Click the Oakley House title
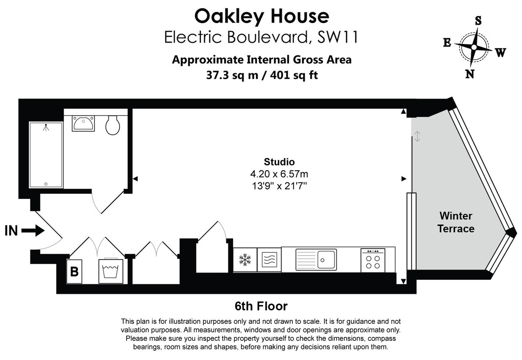[261, 16]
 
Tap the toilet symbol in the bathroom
[113, 125]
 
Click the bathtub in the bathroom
[46, 155]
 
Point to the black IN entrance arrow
[33, 231]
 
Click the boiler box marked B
[75, 272]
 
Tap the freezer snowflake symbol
[244, 260]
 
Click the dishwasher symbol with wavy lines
[269, 260]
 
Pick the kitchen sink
[316, 259]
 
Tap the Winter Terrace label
[455, 222]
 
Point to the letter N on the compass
[469, 74]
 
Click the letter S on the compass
[478, 20]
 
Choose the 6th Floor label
[261, 306]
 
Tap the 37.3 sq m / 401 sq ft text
[261, 75]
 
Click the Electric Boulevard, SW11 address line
[261, 37]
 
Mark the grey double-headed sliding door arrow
[417, 136]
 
